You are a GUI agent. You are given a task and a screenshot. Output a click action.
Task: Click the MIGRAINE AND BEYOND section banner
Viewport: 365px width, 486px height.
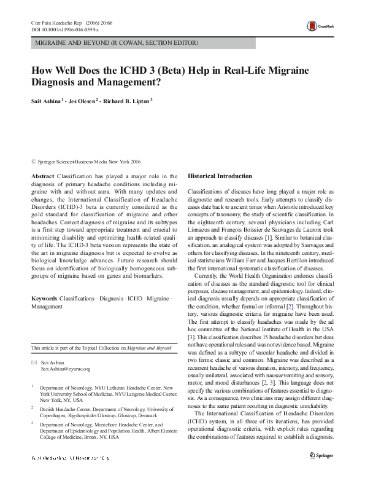click(x=116, y=44)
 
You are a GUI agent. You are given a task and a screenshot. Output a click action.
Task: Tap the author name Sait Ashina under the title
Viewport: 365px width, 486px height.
click(x=49, y=101)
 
